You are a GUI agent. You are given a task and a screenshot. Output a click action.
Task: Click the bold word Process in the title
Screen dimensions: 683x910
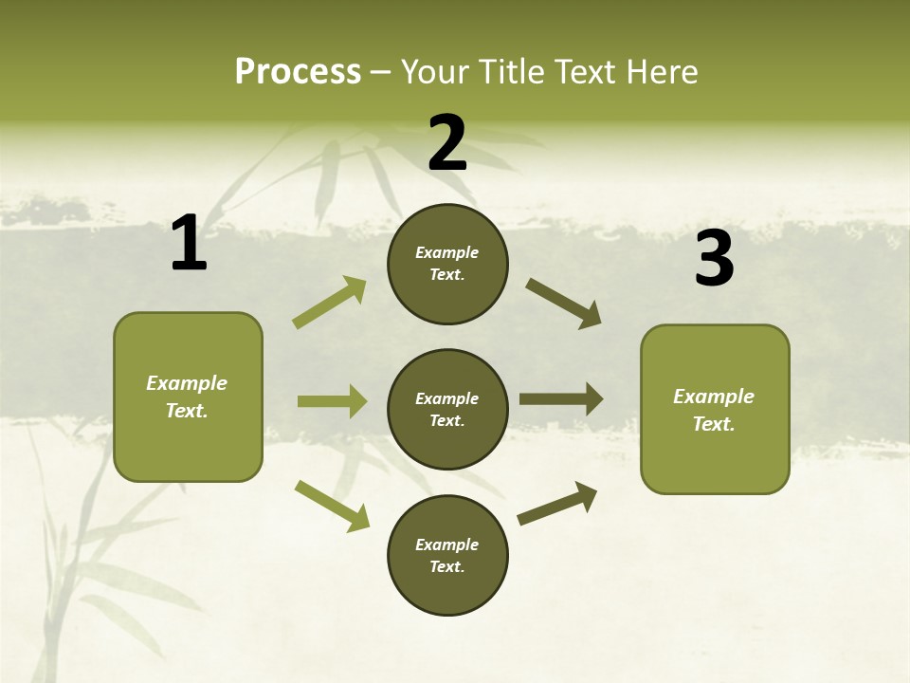298,71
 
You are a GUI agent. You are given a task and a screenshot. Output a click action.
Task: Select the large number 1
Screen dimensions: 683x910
189,244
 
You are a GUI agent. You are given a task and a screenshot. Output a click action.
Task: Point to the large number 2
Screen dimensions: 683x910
447,143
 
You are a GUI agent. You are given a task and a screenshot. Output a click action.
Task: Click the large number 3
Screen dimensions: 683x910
715,259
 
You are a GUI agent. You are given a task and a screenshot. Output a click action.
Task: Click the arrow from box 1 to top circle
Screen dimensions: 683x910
330,303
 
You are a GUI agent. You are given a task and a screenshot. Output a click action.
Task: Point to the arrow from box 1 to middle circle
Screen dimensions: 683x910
332,401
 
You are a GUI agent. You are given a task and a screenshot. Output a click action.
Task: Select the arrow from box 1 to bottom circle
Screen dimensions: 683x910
332,505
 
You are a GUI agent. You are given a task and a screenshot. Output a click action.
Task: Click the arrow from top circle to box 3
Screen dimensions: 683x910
563,304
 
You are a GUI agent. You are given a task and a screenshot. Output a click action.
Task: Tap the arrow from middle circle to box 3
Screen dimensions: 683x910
561,398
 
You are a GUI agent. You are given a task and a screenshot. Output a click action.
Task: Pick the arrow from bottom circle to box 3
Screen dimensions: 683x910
557,503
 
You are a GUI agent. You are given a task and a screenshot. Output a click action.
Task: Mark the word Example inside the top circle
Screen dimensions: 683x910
447,252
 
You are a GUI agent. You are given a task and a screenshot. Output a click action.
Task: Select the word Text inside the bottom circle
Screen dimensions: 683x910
446,566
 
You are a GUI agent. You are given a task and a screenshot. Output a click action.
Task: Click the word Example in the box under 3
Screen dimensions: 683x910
714,397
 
